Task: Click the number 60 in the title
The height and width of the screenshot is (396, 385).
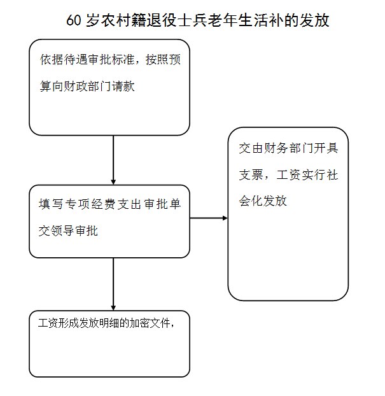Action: pos(73,20)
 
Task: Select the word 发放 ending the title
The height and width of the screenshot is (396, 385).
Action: pos(314,20)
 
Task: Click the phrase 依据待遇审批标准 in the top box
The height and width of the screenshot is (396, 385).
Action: pos(87,60)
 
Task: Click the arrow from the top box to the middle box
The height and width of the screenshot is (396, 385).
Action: pos(113,160)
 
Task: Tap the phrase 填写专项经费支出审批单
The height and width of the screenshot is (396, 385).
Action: pos(110,204)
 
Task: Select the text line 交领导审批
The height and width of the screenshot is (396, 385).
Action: pos(68,230)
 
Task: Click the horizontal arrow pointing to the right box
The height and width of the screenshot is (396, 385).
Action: pos(209,218)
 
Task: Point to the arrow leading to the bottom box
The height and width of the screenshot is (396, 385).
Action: pos(113,284)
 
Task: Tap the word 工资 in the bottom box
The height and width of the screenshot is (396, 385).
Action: pos(48,323)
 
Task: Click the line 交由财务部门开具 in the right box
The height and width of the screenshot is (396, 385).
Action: pos(288,148)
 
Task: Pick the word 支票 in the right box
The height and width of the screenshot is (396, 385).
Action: pos(251,175)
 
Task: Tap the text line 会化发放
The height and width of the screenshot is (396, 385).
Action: pos(263,201)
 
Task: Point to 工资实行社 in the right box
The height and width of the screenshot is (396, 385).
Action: pos(307,175)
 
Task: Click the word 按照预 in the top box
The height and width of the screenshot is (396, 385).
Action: pos(163,60)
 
